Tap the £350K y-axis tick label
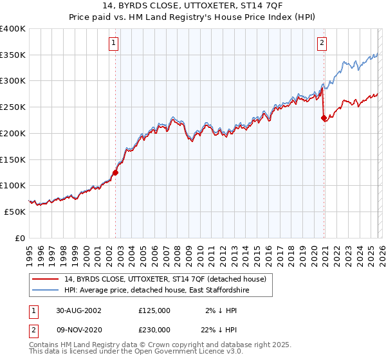[13, 55]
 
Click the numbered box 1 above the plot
[113, 44]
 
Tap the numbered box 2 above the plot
[322, 44]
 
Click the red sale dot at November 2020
[323, 118]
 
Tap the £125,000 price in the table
[154, 310]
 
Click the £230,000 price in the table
[154, 329]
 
